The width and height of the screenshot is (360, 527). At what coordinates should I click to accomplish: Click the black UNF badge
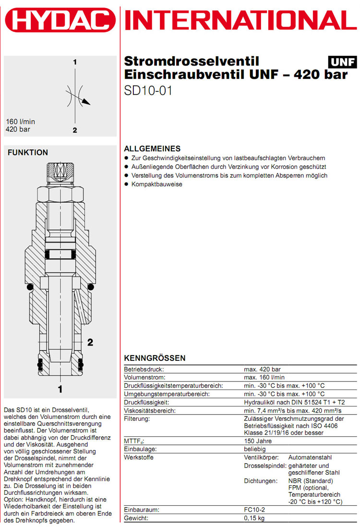[343, 62]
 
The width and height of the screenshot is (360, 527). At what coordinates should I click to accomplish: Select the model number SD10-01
[148, 90]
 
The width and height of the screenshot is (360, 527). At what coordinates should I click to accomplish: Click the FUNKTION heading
[28, 153]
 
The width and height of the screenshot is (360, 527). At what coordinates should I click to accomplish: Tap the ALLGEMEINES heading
[152, 148]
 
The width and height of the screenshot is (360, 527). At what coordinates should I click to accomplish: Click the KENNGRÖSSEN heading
[155, 358]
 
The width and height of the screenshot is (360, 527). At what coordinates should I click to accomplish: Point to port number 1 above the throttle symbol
[75, 62]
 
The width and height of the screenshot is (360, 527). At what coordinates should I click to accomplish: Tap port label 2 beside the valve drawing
[90, 342]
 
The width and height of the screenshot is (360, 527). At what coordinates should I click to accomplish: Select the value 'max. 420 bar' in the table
[263, 369]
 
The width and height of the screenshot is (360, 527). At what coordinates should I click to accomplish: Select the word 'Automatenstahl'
[310, 457]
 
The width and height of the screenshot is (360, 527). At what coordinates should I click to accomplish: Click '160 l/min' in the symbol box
[21, 122]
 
